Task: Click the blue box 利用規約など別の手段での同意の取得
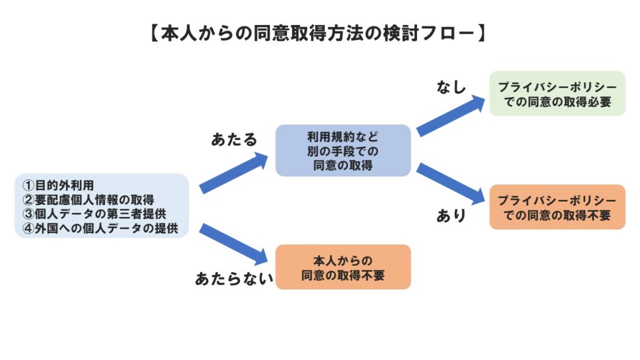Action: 343,151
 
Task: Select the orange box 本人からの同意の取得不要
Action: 343,267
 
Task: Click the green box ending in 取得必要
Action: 557,94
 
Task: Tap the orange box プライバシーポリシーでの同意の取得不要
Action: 557,207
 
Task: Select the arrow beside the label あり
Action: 451,184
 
